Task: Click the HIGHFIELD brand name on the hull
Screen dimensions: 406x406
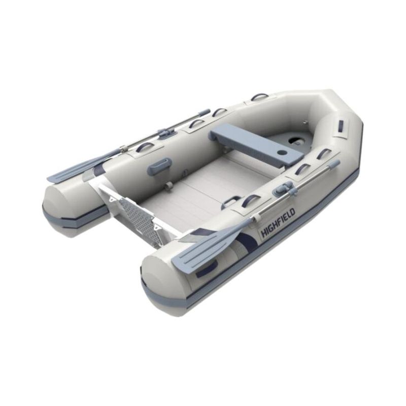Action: coord(278,223)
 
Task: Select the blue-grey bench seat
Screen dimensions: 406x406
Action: coord(257,144)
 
